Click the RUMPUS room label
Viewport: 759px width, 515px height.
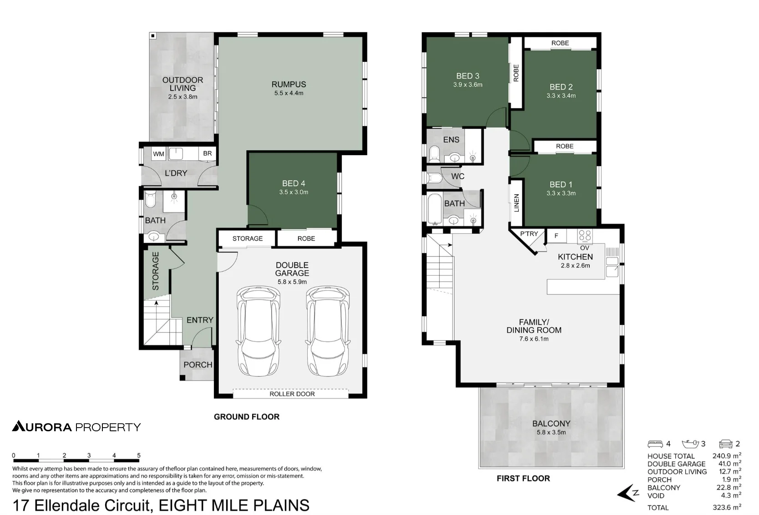coord(288,84)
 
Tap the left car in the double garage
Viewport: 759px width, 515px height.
coord(258,331)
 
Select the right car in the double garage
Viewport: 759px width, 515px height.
coord(328,331)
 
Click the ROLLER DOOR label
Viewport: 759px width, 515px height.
coord(292,394)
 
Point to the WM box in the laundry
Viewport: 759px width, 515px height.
coord(158,154)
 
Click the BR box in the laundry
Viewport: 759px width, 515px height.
coord(207,153)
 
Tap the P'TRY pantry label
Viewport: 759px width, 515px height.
coord(529,234)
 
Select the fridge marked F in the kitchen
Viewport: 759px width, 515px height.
coord(556,236)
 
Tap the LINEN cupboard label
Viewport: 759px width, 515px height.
coord(516,203)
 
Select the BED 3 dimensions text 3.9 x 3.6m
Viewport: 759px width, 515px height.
coord(468,85)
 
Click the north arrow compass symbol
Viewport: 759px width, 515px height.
coord(628,493)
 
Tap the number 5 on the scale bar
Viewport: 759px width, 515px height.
coord(139,455)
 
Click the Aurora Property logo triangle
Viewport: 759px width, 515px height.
coord(19,426)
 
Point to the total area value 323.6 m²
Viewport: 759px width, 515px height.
coord(727,507)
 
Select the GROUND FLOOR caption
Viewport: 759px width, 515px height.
coord(247,417)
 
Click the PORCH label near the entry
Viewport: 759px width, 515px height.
coord(198,365)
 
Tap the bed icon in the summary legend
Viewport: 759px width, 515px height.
coord(655,444)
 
